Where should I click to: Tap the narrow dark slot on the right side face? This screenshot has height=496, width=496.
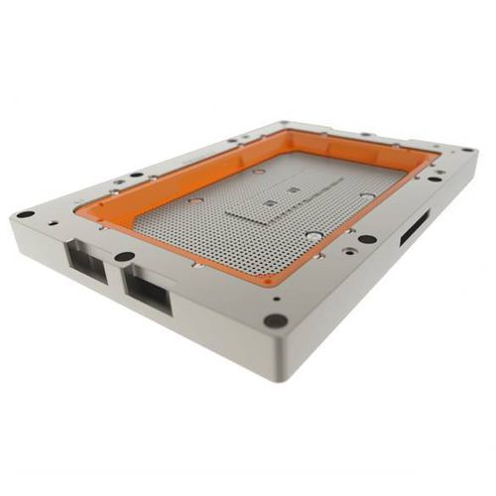point(414,229)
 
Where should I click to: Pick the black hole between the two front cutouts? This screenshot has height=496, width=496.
point(124,257)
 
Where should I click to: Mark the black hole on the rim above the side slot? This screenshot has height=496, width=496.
point(367,239)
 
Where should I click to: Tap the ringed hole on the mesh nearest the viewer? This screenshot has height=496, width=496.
point(315,236)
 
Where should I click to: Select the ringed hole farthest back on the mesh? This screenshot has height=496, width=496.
point(259,172)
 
